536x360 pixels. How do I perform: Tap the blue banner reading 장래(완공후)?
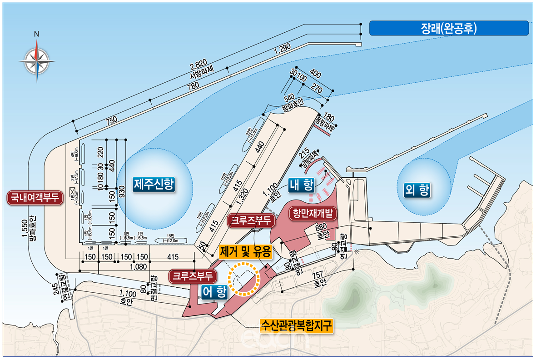pyautogui.click(x=449, y=28)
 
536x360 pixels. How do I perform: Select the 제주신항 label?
pyautogui.click(x=154, y=184)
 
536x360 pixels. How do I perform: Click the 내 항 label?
pyautogui.click(x=301, y=185)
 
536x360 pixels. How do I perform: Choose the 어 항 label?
pyautogui.click(x=214, y=292)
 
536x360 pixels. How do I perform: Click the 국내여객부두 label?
pyautogui.click(x=34, y=198)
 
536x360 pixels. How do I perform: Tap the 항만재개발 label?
pyautogui.click(x=313, y=213)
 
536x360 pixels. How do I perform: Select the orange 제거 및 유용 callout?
pyautogui.click(x=245, y=251)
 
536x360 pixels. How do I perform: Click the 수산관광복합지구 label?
pyautogui.click(x=297, y=325)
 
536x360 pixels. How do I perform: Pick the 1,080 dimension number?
pyautogui.click(x=139, y=266)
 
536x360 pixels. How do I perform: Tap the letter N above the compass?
pyautogui.click(x=37, y=34)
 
